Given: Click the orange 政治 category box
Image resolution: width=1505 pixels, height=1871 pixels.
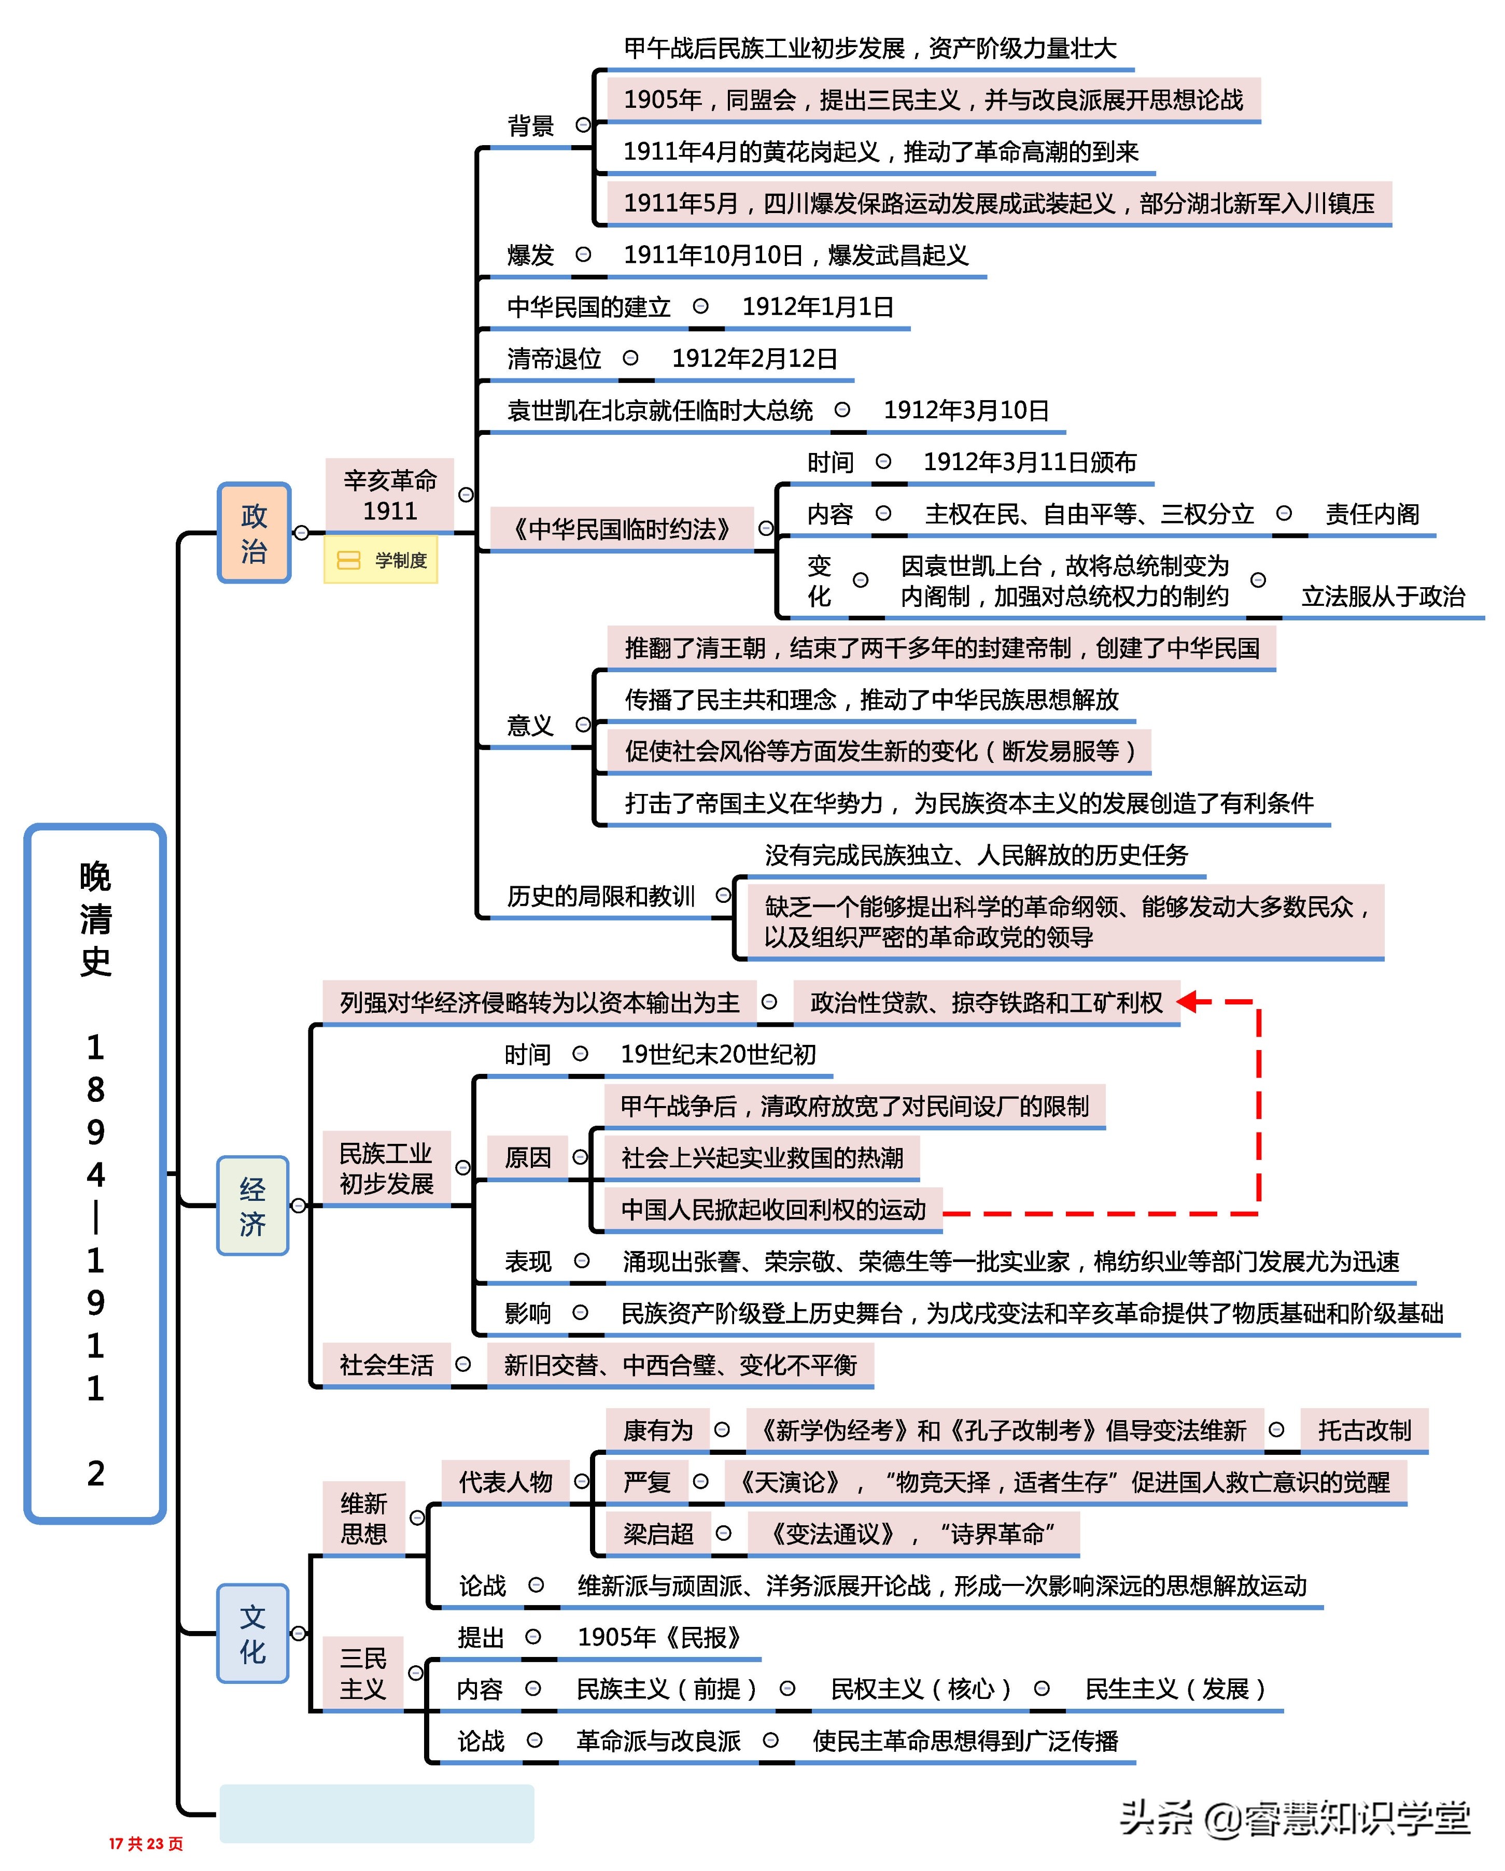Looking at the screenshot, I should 254,533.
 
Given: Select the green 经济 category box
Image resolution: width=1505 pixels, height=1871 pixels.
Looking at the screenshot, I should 252,1206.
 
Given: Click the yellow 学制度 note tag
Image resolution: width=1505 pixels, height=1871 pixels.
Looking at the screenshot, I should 381,561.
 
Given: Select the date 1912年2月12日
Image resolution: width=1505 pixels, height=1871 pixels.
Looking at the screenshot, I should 754,359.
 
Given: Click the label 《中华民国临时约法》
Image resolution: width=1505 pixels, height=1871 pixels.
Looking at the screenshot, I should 622,529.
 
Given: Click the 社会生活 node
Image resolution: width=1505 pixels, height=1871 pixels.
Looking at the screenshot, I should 386,1365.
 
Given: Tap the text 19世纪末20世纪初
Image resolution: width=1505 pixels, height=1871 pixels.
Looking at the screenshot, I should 718,1054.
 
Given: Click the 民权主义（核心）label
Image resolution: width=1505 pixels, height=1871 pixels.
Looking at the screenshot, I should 920,1689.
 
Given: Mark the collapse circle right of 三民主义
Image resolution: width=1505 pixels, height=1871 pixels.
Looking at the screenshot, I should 416,1672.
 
